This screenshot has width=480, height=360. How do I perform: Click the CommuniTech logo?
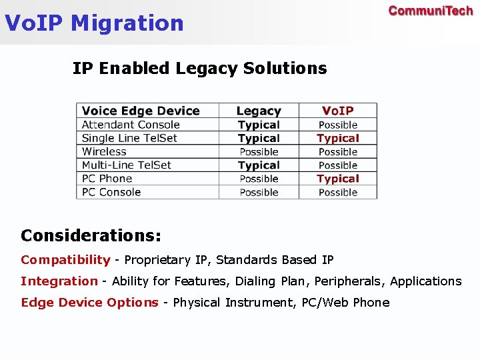(x=430, y=11)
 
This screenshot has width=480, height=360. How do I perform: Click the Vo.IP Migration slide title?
(x=94, y=23)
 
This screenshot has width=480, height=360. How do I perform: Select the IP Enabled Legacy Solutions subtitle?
(x=199, y=68)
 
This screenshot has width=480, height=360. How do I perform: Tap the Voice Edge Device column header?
(x=141, y=111)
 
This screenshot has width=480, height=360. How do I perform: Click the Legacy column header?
(x=259, y=111)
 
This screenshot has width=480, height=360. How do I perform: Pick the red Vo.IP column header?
(x=338, y=111)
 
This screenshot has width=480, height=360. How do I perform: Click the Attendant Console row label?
(x=131, y=125)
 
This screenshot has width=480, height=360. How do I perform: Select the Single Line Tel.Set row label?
(x=129, y=138)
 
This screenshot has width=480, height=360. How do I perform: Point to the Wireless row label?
(x=104, y=151)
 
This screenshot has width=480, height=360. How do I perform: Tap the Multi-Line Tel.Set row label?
(x=127, y=165)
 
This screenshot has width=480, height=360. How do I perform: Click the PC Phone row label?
(x=107, y=179)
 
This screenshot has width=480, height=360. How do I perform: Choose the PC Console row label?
(x=111, y=192)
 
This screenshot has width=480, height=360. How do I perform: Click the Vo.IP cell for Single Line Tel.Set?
(x=338, y=138)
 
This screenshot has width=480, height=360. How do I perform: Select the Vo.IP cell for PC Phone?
(x=338, y=179)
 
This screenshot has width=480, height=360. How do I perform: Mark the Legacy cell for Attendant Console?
(x=259, y=125)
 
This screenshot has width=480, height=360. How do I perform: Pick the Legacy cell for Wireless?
(x=259, y=151)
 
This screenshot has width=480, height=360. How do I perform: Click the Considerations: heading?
(x=91, y=235)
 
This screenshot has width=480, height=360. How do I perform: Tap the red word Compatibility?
(x=65, y=260)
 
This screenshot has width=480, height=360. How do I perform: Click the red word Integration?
(x=59, y=281)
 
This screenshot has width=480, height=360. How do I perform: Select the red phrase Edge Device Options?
(x=89, y=303)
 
